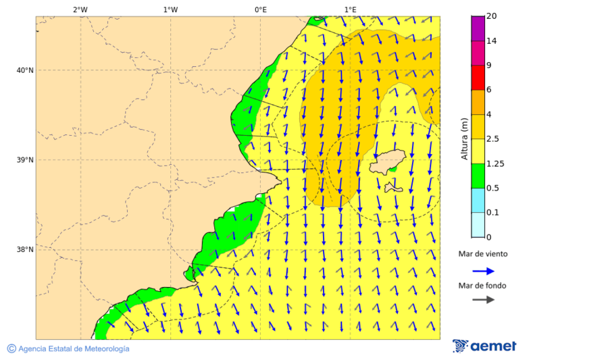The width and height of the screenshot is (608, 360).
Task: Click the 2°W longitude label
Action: [x=80, y=9]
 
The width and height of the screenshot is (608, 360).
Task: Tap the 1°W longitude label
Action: [x=170, y=9]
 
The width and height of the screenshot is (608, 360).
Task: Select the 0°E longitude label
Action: [x=260, y=9]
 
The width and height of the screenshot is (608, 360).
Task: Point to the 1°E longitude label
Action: [x=350, y=9]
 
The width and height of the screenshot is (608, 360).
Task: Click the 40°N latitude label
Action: [x=24, y=70]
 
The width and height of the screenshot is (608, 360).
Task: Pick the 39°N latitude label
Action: [x=24, y=160]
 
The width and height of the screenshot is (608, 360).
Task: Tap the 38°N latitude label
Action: [x=24, y=250]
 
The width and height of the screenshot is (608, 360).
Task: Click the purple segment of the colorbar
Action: [x=478, y=28]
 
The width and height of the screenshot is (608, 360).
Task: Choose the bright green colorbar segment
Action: [x=478, y=176]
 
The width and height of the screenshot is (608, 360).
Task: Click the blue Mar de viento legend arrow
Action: [x=483, y=271]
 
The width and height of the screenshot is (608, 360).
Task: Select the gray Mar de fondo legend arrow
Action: [x=483, y=300]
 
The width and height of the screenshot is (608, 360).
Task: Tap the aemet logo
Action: [x=484, y=346]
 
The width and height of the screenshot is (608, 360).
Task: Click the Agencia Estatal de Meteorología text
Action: [x=73, y=349]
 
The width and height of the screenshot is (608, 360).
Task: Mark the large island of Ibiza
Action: [x=387, y=162]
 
